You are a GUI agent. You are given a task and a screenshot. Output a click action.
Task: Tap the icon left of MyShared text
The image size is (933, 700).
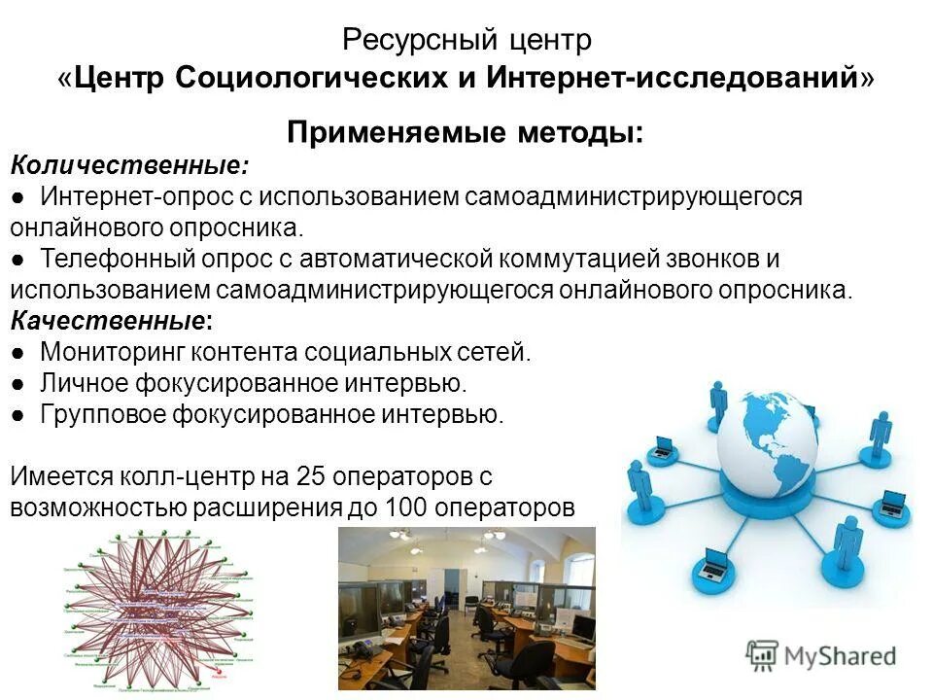[x=761, y=654]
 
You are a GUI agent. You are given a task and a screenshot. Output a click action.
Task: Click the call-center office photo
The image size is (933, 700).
[x=466, y=608]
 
